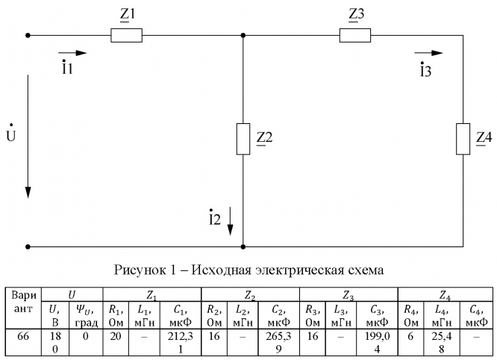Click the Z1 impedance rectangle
point(125,35)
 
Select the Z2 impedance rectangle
point(243,138)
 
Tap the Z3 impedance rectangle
point(354,35)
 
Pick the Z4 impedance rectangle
point(463,138)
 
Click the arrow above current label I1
point(73,54)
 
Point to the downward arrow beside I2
point(231,220)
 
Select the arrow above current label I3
point(429,54)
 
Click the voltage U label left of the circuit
point(10,139)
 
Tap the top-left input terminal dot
point(28,35)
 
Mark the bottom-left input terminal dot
point(28,246)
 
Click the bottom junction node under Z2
point(243,246)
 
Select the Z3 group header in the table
point(348,296)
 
